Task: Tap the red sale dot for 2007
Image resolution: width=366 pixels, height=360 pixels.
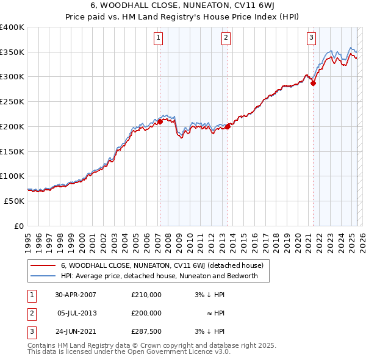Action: click(160, 121)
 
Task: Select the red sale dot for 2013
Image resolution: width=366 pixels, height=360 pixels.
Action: click(227, 126)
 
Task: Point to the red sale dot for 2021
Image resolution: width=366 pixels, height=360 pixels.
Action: click(313, 84)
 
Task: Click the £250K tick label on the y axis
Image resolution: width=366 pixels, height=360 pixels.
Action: click(12, 102)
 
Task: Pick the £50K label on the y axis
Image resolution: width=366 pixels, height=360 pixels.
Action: click(15, 201)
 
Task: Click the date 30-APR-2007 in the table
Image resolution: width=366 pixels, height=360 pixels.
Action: click(75, 295)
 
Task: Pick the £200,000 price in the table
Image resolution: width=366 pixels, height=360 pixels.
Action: click(146, 313)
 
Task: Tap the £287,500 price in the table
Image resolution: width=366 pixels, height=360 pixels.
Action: click(146, 331)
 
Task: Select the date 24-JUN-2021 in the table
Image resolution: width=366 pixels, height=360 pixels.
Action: click(75, 331)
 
